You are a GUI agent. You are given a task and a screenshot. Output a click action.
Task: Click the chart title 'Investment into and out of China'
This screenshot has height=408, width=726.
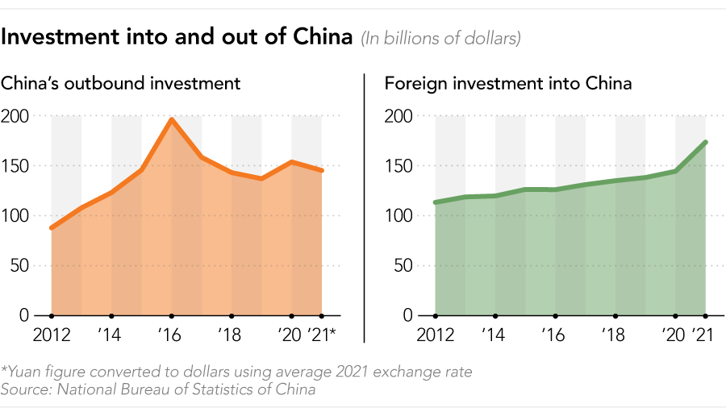tap(177, 37)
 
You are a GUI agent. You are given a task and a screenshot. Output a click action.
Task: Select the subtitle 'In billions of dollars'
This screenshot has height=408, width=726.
tap(440, 38)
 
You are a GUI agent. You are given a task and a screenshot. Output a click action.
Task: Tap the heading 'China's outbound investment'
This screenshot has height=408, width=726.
tap(121, 83)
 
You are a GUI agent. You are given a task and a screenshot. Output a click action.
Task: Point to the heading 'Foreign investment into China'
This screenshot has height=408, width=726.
tap(508, 83)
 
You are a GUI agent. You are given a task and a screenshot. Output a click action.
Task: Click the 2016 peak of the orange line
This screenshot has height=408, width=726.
tap(172, 120)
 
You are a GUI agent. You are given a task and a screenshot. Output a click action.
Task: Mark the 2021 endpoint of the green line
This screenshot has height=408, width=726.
tap(706, 143)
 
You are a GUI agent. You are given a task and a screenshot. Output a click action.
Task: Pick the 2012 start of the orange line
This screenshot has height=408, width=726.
tap(52, 228)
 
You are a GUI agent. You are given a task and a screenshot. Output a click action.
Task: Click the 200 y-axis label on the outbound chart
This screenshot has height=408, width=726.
tap(16, 116)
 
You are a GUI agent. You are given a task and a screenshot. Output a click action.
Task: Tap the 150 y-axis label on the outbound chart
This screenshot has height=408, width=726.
tap(16, 166)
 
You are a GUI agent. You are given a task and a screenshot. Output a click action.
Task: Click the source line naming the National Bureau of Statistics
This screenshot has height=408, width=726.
tap(158, 389)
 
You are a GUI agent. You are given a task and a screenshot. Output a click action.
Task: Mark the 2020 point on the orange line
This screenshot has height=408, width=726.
tap(292, 162)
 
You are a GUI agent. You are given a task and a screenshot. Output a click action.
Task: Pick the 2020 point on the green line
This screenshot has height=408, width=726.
tap(676, 171)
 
